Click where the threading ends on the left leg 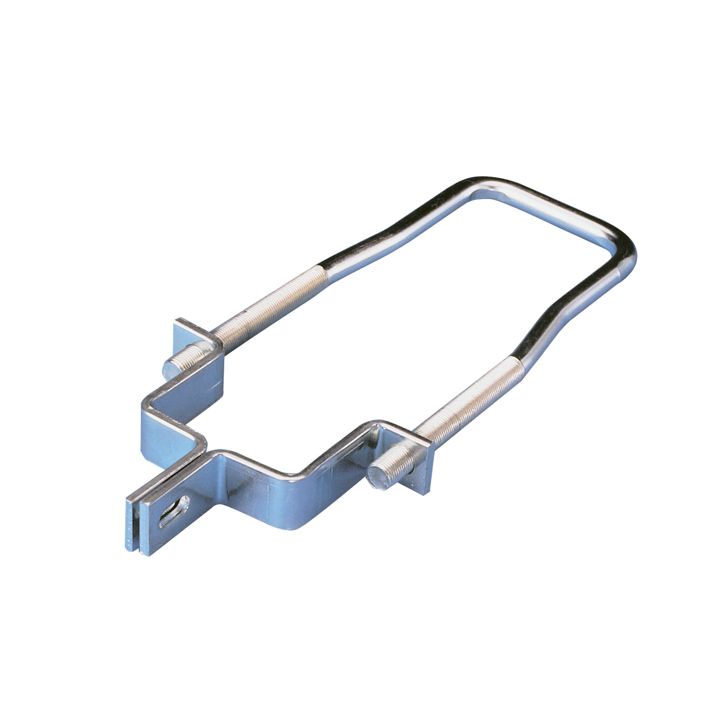(x=321, y=269)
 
